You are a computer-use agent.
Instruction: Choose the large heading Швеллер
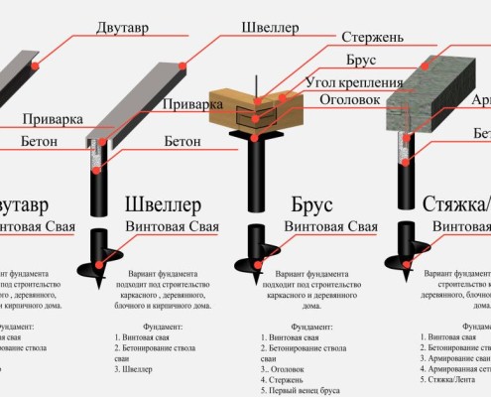point(166,206)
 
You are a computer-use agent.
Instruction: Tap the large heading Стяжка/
point(443,206)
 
